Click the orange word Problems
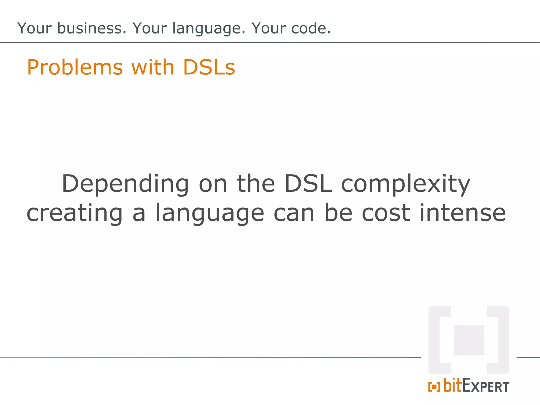coord(75,67)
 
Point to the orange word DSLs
coord(209,67)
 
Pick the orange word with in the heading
coord(153,67)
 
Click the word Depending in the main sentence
coord(125,184)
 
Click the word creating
coord(75,214)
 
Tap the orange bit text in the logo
coord(453,385)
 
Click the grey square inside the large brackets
coord(469,340)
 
